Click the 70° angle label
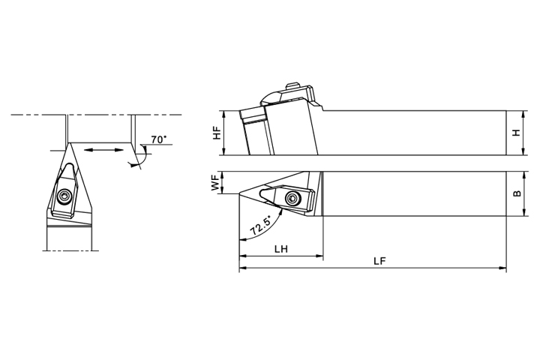point(159,139)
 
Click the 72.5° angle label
point(261,225)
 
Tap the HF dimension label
point(217,133)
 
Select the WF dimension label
point(215,182)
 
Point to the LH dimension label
point(281,249)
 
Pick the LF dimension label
point(379,261)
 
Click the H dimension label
point(516,133)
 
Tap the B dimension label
point(517,194)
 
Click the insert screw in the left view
point(64,196)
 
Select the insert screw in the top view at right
point(291,197)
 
